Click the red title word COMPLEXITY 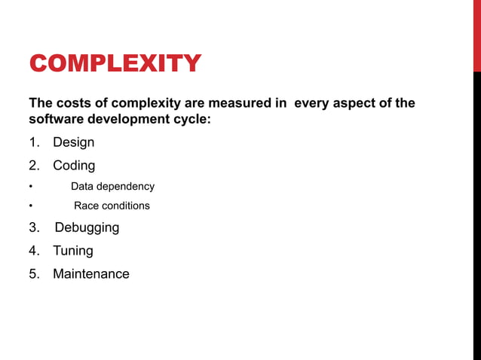coord(115,63)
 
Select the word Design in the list coord(73,142)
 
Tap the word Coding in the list coord(74,165)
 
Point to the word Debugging coord(87,227)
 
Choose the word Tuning coord(73,251)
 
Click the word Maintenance coord(90,274)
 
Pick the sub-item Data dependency coord(112,186)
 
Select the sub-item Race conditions coord(112,206)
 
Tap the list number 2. coord(33,165)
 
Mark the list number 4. coord(33,251)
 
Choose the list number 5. coord(33,274)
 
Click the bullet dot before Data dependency coord(31,187)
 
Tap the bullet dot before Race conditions coord(31,206)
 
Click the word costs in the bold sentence coord(74,103)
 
